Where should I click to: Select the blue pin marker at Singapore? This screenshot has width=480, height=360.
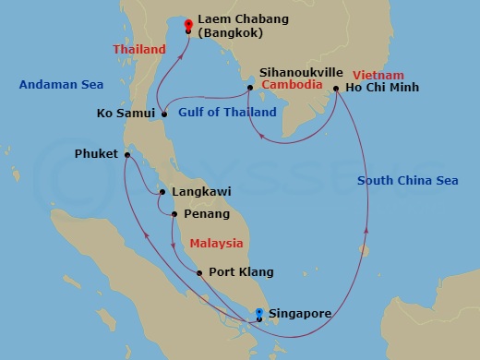click(x=259, y=313)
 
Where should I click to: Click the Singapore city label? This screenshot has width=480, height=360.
click(x=299, y=314)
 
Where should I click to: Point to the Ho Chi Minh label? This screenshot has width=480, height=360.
click(x=381, y=88)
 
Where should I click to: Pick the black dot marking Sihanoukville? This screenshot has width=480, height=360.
click(x=249, y=88)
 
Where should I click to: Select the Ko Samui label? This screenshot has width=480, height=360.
click(x=126, y=114)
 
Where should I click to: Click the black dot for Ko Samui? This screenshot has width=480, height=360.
click(x=163, y=114)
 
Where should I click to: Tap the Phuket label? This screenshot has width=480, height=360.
click(x=96, y=154)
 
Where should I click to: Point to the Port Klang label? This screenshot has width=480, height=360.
click(x=241, y=272)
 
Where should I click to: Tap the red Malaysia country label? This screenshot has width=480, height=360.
click(x=216, y=244)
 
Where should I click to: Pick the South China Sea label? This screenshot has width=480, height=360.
click(x=407, y=181)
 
